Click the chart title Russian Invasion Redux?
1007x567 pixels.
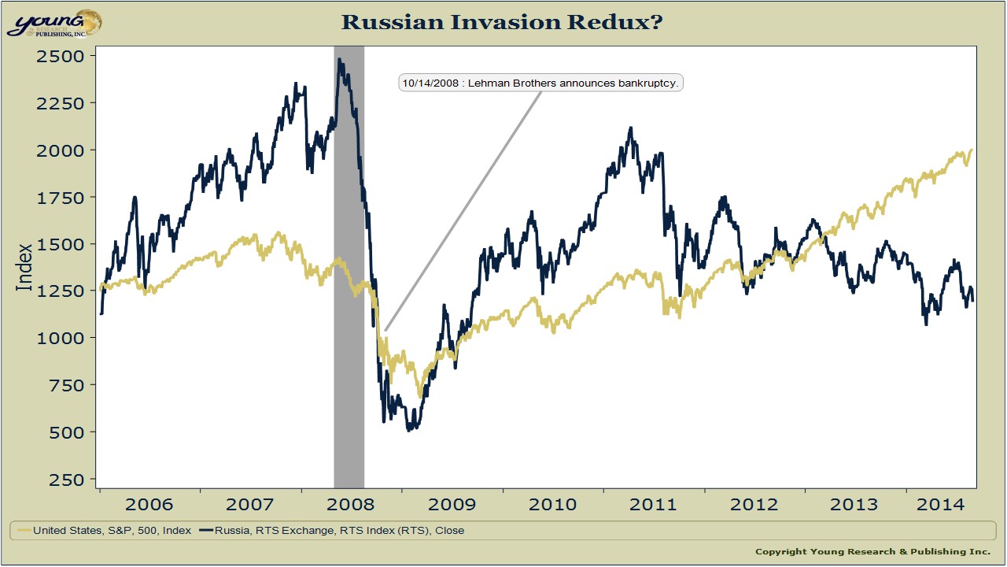pos(502,22)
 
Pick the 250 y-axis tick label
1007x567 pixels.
pos(67,480)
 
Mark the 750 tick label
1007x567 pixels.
pos(67,386)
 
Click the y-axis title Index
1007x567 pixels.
pos(24,267)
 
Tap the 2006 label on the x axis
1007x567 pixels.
pos(149,504)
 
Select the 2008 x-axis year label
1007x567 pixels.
pos(351,504)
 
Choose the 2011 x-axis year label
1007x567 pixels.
pos(654,504)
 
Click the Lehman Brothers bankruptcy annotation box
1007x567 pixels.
pos(540,83)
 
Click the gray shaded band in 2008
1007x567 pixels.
pos(349,315)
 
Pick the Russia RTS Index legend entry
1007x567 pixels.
pos(332,531)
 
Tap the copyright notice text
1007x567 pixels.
pos(872,551)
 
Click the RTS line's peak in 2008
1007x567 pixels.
pos(339,60)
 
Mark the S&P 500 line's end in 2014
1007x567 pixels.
pos(972,150)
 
